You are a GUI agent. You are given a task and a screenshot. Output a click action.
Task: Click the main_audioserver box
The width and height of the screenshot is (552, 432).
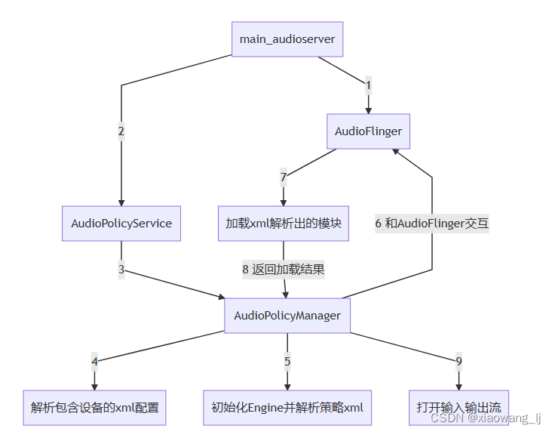coord(287,39)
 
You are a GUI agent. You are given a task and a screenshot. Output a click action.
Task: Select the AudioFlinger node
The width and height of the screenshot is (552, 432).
coord(368,131)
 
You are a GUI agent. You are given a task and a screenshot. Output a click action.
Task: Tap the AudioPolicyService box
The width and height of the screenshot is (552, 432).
coord(121,224)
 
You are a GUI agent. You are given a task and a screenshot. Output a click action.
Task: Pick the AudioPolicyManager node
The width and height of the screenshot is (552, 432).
coord(287,316)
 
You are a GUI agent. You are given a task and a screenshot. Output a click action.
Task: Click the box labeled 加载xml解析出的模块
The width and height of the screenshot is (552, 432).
coord(284,224)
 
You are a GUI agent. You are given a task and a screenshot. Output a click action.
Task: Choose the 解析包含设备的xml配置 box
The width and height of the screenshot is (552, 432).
coord(94,408)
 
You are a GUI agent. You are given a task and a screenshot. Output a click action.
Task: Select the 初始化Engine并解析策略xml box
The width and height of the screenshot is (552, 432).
coord(287,408)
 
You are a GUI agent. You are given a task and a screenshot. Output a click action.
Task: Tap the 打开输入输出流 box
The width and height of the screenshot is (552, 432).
coord(458,408)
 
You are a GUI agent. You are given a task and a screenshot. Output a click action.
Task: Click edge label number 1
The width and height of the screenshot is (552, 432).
coord(368,85)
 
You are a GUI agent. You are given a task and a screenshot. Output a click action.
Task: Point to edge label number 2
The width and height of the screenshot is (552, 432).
coord(121,131)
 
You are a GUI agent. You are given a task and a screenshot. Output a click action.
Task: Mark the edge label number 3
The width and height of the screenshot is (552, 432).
coord(121,269)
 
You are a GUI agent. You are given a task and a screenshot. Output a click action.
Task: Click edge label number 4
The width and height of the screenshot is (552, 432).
coord(94,361)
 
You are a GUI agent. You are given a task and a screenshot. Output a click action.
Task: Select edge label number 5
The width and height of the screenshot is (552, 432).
coord(287,361)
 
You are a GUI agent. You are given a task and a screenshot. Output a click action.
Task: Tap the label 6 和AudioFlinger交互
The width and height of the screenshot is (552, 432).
coord(432,224)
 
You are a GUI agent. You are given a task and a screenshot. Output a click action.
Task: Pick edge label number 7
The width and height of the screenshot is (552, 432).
coord(284,177)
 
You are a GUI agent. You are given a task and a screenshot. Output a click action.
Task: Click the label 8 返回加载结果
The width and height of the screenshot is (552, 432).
coord(284,269)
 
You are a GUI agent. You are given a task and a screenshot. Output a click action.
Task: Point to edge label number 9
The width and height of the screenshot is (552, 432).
coord(458,361)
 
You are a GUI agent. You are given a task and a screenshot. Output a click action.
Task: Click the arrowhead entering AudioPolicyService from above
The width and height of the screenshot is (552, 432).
coord(121,202)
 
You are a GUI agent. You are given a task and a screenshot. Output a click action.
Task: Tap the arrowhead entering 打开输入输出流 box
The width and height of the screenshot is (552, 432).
coord(458,387)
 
